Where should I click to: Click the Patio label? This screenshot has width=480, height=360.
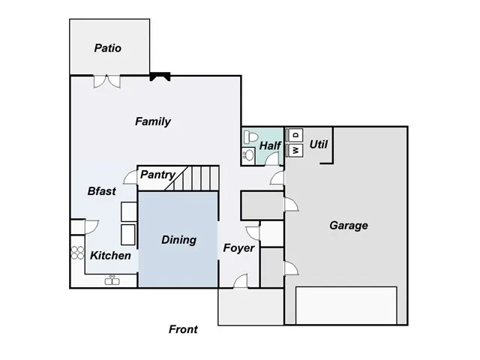(x=108, y=48)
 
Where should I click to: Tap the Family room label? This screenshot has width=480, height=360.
(x=153, y=121)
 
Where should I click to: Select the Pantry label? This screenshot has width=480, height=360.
(x=157, y=175)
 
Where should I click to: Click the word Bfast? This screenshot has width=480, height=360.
(x=102, y=191)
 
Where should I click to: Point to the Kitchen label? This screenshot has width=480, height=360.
(x=111, y=256)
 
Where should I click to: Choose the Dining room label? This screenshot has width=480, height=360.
(x=178, y=240)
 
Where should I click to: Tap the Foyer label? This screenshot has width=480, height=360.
(x=238, y=247)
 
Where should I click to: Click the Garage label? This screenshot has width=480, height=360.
(x=349, y=225)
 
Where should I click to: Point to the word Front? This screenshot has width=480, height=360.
(x=183, y=329)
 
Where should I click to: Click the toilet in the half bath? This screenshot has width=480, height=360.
(x=250, y=138)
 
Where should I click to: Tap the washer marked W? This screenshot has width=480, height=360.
(x=295, y=150)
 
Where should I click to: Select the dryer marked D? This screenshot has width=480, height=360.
(x=295, y=135)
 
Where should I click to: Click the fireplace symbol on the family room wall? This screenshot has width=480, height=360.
(x=160, y=76)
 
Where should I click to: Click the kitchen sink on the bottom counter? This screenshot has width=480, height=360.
(x=112, y=278)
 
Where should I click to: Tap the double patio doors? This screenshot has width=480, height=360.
(x=106, y=80)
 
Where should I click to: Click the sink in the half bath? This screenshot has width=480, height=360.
(x=248, y=155)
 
